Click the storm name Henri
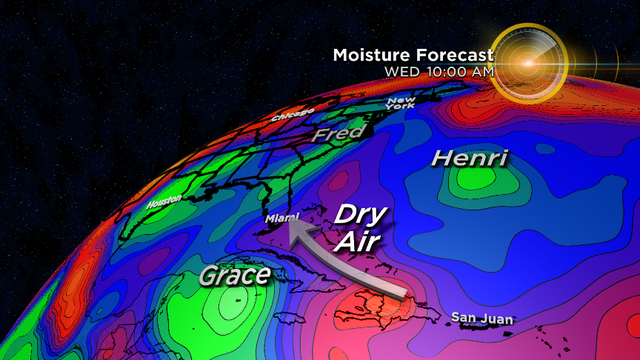(x=470, y=158)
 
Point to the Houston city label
(x=161, y=203)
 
